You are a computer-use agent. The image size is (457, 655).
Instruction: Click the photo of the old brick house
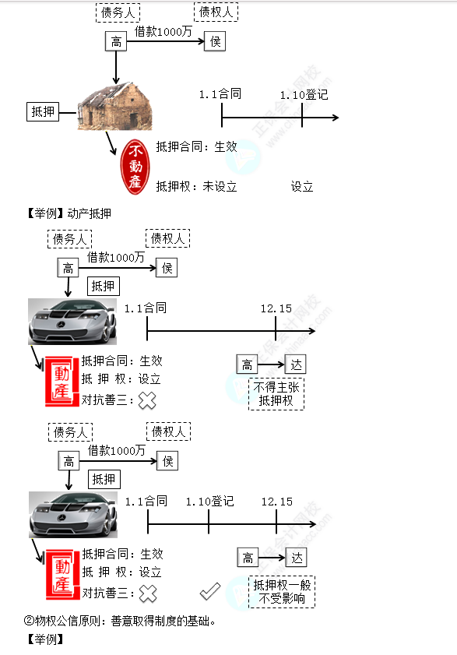click(115, 106)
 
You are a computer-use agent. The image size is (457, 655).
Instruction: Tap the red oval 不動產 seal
click(135, 167)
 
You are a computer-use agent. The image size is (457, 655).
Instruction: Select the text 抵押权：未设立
click(196, 186)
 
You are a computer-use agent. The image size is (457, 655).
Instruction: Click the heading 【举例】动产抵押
click(69, 213)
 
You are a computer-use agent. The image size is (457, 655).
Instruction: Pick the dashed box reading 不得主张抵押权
click(276, 394)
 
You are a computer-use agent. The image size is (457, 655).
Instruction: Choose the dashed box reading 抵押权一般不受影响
click(282, 592)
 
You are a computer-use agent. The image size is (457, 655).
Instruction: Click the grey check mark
click(209, 591)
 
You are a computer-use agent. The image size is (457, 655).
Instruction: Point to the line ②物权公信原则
click(120, 622)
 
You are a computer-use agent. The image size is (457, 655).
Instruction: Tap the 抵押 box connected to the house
click(43, 111)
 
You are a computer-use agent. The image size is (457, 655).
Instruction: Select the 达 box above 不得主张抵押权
click(296, 364)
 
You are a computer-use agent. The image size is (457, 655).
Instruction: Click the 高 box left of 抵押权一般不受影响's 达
click(248, 558)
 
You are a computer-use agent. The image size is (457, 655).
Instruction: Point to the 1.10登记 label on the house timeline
click(304, 95)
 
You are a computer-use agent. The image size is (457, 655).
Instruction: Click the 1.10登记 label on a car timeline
click(209, 502)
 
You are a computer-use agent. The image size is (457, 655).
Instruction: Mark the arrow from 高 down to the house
click(116, 67)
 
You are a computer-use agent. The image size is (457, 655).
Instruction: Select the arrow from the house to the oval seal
click(111, 143)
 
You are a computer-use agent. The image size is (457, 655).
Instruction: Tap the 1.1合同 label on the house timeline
click(220, 94)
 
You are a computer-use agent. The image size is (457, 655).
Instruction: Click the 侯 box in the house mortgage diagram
click(215, 41)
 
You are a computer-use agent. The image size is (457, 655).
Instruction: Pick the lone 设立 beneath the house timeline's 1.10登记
click(302, 186)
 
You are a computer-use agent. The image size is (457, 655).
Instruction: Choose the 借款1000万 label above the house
click(163, 31)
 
